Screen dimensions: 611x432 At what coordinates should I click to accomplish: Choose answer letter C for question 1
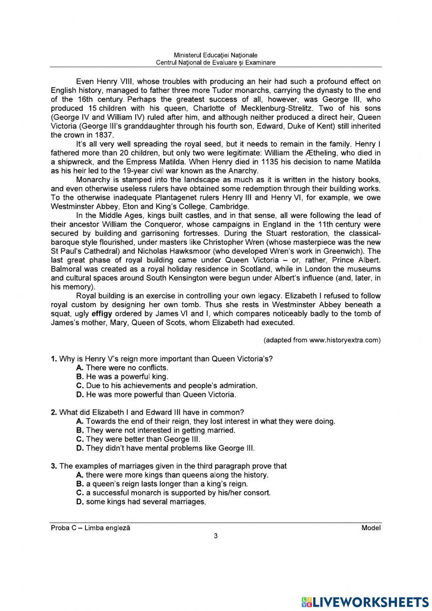pyautogui.click(x=79, y=385)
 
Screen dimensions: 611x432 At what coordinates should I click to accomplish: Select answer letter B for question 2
pyautogui.click(x=79, y=430)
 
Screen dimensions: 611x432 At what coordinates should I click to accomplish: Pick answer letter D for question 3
pyautogui.click(x=79, y=502)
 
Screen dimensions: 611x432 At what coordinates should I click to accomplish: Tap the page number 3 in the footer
pyautogui.click(x=216, y=537)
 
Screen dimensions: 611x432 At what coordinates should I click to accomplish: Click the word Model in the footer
pyautogui.click(x=371, y=528)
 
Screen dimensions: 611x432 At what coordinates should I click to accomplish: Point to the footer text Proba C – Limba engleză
pyautogui.click(x=90, y=528)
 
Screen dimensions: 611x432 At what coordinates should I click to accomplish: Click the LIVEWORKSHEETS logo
pyautogui.click(x=363, y=601)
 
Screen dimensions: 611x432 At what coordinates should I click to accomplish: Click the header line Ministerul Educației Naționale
pyautogui.click(x=216, y=55)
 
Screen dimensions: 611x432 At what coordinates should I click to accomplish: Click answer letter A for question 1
pyautogui.click(x=79, y=368)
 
